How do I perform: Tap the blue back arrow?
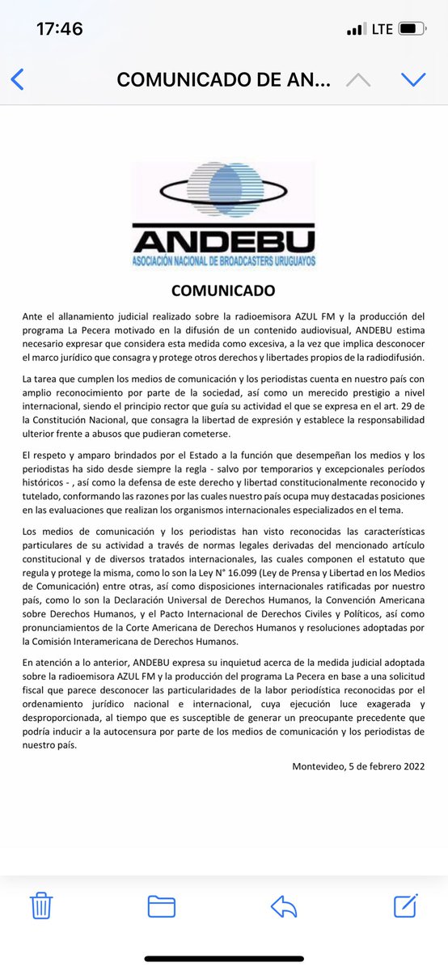[x=17, y=79]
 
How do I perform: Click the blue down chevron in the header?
[x=413, y=79]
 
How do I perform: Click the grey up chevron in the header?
[x=358, y=79]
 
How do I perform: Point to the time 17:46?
[x=60, y=29]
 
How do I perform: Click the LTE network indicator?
[x=382, y=29]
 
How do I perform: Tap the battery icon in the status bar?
[x=412, y=29]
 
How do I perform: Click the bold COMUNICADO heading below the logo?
[x=223, y=290]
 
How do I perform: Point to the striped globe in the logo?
[x=224, y=191]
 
